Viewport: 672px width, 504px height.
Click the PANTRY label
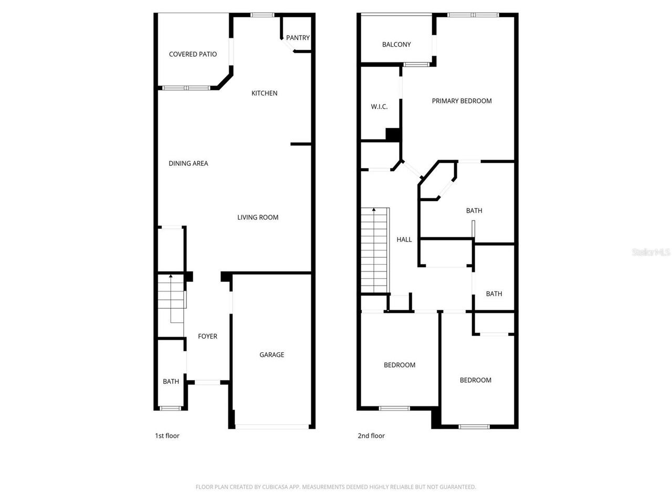[x=298, y=38]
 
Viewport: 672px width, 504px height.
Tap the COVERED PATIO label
[x=193, y=54]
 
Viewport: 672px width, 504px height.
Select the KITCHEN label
[x=264, y=93]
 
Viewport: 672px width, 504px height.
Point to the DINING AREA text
[x=188, y=163]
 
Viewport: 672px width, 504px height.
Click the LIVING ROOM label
[x=258, y=217]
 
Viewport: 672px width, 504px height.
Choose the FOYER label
[x=207, y=337]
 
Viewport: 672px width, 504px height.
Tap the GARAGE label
[x=271, y=355]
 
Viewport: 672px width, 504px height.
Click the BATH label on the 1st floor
[x=171, y=382]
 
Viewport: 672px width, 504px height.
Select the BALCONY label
[x=396, y=45]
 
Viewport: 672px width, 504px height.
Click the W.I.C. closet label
[x=379, y=107]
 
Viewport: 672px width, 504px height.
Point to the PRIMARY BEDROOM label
[x=461, y=101]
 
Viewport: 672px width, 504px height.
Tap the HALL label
[x=404, y=239]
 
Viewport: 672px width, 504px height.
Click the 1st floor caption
[x=167, y=436]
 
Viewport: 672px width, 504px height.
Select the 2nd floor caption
[x=371, y=436]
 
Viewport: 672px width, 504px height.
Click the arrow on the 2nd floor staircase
[x=374, y=210]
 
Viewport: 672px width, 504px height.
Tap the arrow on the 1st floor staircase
[x=171, y=276]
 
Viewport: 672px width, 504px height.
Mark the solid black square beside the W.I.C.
[x=393, y=134]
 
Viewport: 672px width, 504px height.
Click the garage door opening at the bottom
[x=271, y=426]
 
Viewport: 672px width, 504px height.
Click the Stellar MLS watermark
[x=651, y=253]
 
